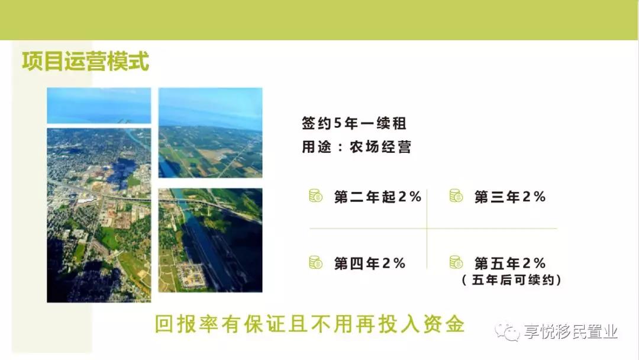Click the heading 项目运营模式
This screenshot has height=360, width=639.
86,62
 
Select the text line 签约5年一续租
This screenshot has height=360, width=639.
354,123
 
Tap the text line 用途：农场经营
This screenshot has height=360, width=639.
356,147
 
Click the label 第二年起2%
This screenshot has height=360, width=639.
377,197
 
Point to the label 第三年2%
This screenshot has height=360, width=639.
510,197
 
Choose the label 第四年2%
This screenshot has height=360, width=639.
370,263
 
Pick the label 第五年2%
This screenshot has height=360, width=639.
510,263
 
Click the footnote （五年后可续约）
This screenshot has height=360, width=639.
512,280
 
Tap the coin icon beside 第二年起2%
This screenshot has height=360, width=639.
315,196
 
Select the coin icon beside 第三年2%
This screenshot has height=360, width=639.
456,196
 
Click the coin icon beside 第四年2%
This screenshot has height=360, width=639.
315,262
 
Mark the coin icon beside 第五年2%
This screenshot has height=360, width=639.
456,262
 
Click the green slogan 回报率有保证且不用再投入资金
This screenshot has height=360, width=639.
309,324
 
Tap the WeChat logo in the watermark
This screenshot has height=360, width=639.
507,332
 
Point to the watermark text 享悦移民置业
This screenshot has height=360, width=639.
571,332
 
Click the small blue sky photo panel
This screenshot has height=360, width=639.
99,105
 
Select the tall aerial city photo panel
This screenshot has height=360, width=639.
99,216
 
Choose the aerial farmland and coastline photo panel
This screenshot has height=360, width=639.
210,133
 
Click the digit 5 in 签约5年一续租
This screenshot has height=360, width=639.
338,123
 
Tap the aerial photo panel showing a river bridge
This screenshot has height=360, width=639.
210,240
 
